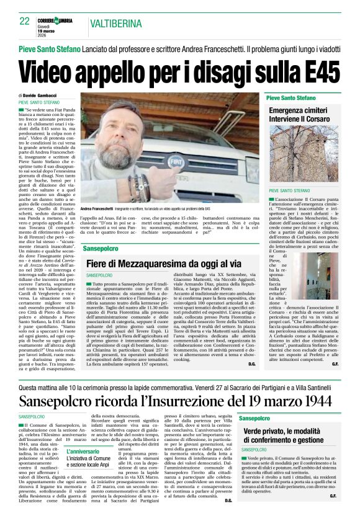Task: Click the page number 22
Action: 25,20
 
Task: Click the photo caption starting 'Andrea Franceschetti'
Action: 149,208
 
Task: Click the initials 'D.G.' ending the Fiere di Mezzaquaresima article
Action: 252,363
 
